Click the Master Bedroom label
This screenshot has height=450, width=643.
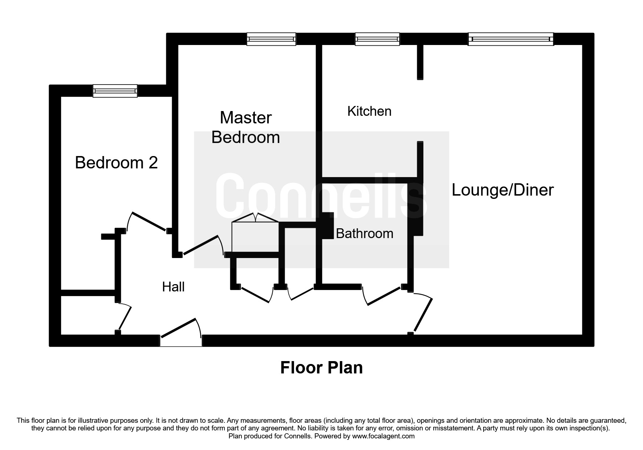click(246, 127)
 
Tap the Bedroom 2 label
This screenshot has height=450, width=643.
click(116, 163)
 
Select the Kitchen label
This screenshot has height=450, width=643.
click(369, 111)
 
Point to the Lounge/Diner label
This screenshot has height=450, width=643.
click(502, 190)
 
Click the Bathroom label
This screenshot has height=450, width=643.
click(365, 233)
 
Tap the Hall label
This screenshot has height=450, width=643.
click(173, 287)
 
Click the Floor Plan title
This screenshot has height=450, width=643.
click(321, 368)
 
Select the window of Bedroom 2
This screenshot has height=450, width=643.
click(115, 91)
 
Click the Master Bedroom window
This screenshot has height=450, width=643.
click(271, 39)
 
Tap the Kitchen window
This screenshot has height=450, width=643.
click(377, 39)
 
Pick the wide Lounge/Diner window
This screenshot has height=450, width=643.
click(510, 39)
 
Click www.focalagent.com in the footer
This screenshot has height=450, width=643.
click(383, 436)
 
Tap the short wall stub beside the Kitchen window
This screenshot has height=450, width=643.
click(420, 62)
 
